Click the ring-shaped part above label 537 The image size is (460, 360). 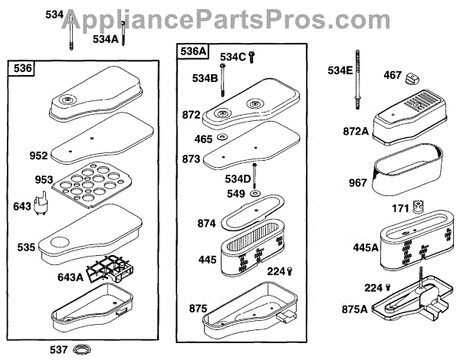coord(81,350)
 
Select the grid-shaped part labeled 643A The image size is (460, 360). coord(110,267)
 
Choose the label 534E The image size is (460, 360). coord(340,71)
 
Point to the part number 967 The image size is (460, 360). coord(357,184)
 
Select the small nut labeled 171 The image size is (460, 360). coord(419,208)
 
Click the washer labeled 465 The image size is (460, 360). coord(221,138)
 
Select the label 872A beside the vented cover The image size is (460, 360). coord(356,132)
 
